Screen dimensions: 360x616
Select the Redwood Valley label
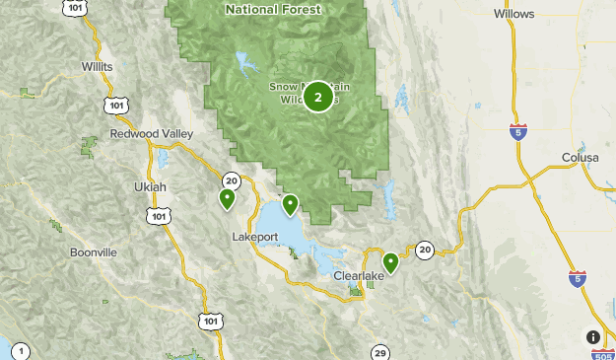click(x=147, y=133)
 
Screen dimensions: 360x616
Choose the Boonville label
click(x=93, y=252)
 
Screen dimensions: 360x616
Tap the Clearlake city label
click(x=354, y=277)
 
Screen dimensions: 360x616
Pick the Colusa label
click(x=581, y=157)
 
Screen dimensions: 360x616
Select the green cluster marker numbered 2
click(x=317, y=97)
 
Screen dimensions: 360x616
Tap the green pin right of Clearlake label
click(x=390, y=262)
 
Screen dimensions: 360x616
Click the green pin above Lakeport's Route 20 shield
click(x=227, y=199)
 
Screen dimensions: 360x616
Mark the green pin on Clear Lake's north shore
click(x=290, y=205)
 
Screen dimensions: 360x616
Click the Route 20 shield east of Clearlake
click(x=424, y=250)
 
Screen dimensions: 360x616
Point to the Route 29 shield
click(x=380, y=352)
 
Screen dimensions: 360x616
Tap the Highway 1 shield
click(x=23, y=351)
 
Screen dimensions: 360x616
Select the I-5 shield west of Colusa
click(x=517, y=132)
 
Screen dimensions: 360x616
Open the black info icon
click(x=593, y=337)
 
